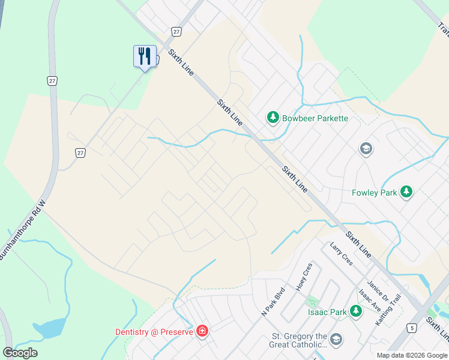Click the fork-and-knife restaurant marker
click(145, 56)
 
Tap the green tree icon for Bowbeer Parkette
click(274, 118)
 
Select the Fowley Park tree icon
click(407, 192)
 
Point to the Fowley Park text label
click(374, 193)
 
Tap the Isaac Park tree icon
click(356, 311)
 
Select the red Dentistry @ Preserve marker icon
click(202, 331)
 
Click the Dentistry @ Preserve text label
click(154, 332)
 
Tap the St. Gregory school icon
click(336, 340)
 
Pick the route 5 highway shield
click(411, 328)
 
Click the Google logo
click(20, 353)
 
